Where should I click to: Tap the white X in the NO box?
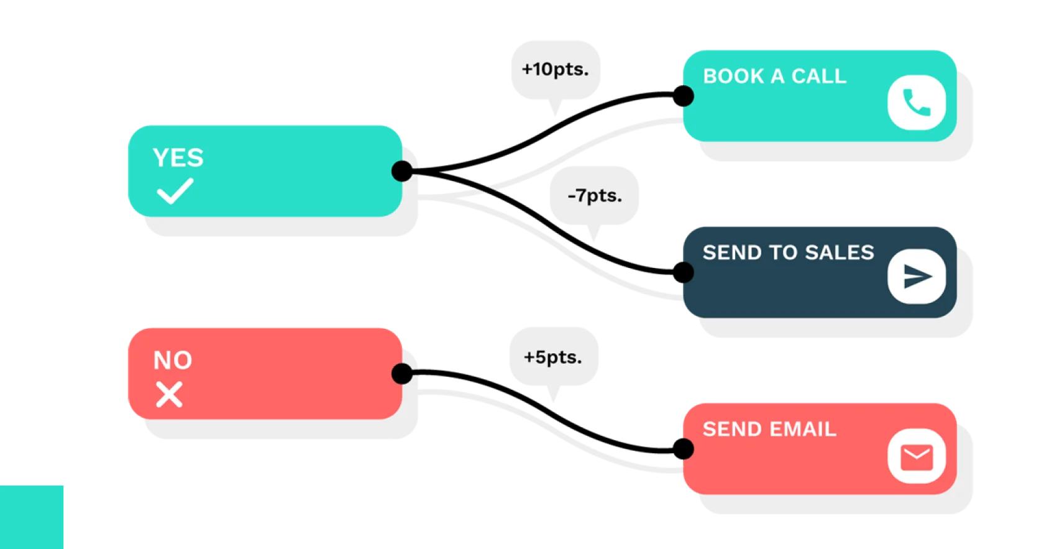coord(169,395)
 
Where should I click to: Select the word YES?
coord(178,158)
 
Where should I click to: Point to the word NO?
coord(173,360)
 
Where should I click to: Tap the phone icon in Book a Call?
coord(917,102)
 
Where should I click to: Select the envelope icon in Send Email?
coord(917,457)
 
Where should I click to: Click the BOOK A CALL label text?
coord(774,76)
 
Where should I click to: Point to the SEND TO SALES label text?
coord(788,252)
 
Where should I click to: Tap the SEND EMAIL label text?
coord(769,428)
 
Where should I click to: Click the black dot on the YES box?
coord(402,171)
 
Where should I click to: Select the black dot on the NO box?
coord(402,374)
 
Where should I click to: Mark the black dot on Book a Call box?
coord(684,96)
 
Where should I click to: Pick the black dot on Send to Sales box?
coord(684,272)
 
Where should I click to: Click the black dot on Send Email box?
coord(684,449)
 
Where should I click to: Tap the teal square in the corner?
coord(32,517)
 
